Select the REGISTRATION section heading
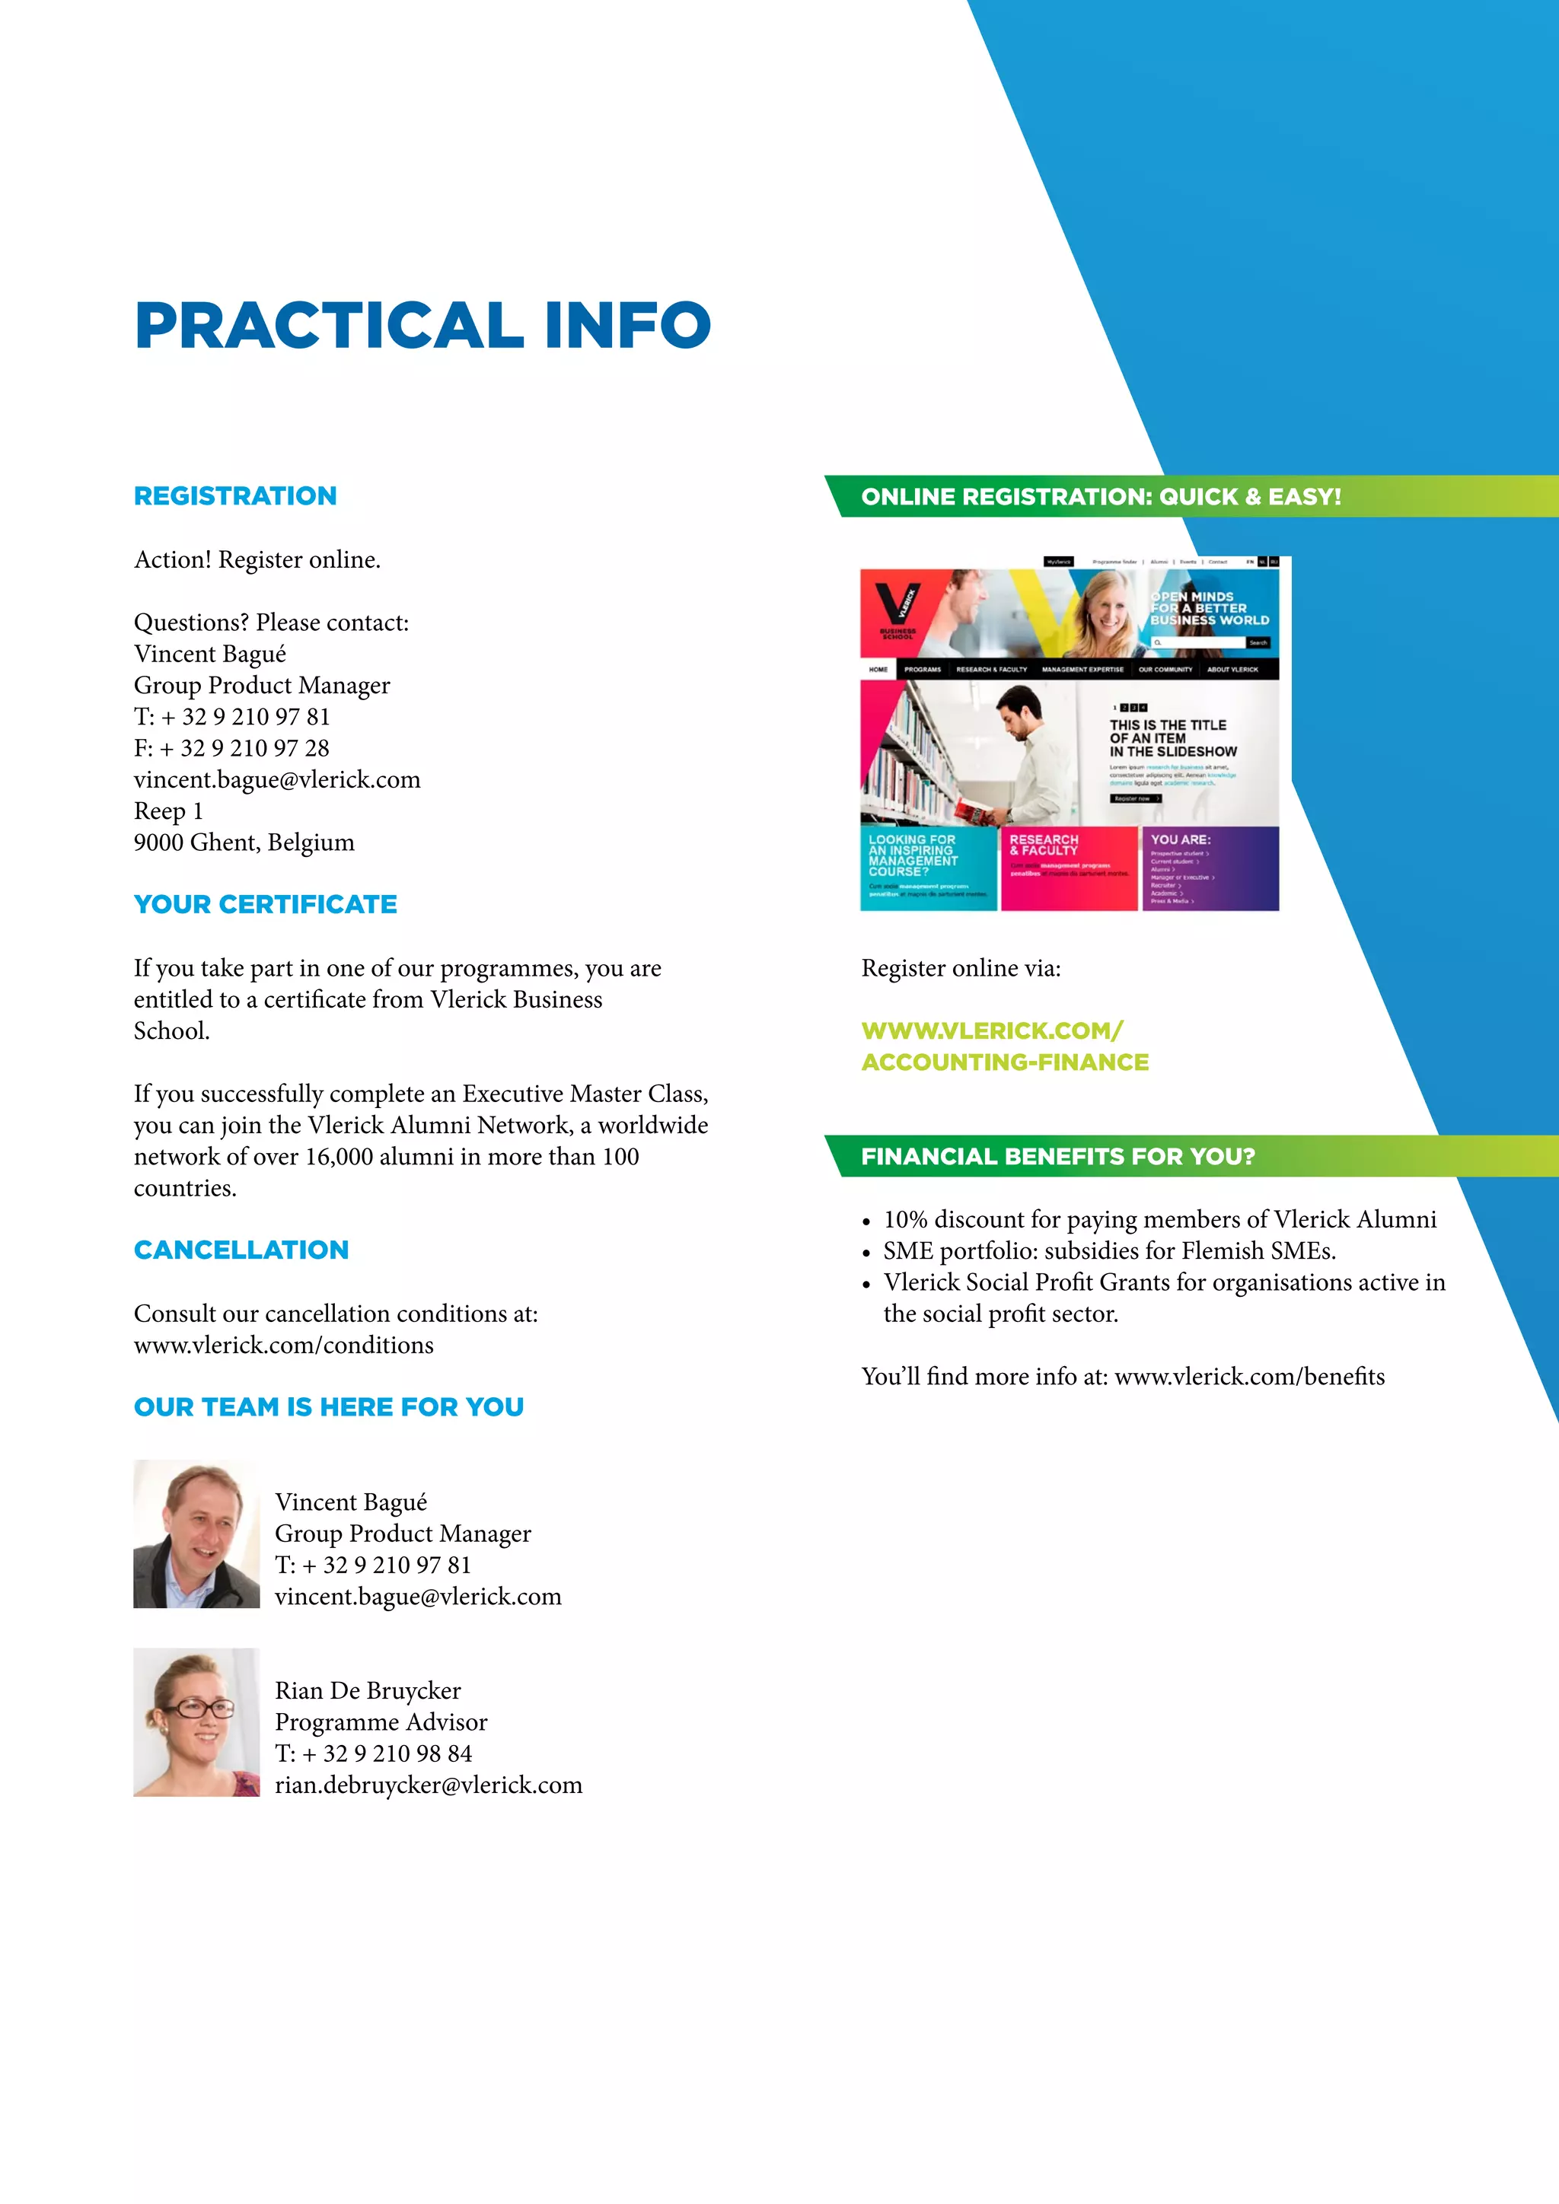tap(235, 496)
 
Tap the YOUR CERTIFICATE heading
tap(265, 904)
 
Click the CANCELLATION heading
tap(241, 1250)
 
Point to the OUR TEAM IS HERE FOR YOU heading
tap(328, 1407)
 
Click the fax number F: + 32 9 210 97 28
tap(231, 748)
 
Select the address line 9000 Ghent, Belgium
tap(244, 842)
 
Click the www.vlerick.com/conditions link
tap(283, 1345)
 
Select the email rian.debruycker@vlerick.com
tap(428, 1785)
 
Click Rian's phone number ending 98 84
tap(374, 1753)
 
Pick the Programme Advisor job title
tap(381, 1721)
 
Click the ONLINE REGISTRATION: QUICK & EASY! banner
tap(1100, 496)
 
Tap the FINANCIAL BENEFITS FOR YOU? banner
tap(1058, 1156)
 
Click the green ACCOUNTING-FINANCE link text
tap(1004, 1062)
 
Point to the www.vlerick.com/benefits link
tap(1249, 1377)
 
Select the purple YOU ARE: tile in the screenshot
tap(1210, 868)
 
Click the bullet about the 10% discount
tap(1159, 1219)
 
